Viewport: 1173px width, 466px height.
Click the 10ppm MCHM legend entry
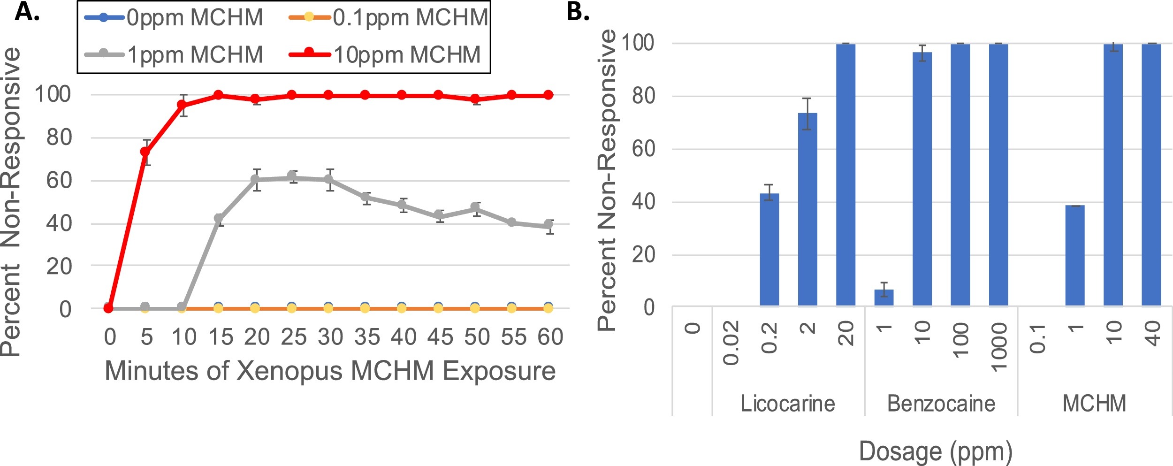coord(385,55)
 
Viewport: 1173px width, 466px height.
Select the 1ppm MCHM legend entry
coord(174,55)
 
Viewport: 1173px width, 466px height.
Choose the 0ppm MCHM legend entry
coord(174,18)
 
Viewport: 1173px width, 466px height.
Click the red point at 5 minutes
coord(145,152)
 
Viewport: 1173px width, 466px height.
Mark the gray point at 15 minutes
coord(219,218)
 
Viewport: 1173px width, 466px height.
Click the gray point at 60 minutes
coord(548,225)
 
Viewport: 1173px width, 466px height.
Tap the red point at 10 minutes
coord(182,105)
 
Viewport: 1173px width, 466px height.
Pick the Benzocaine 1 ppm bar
coord(884,298)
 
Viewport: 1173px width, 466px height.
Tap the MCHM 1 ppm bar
coord(1075,256)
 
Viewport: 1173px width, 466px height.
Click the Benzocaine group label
coord(941,404)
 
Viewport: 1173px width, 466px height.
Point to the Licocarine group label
coord(788,404)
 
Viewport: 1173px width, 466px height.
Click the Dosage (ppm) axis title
coord(936,451)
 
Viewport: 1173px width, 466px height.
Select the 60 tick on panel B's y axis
coord(643,149)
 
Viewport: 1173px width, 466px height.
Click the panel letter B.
coord(578,11)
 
